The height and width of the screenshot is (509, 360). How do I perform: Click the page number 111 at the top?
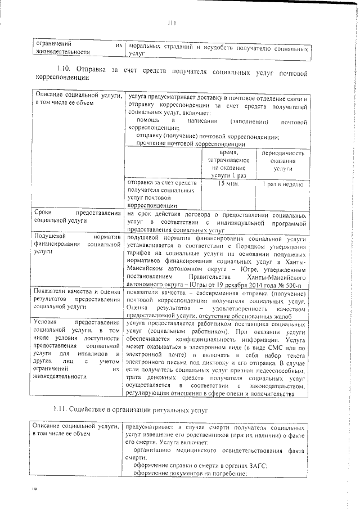[x=172, y=24]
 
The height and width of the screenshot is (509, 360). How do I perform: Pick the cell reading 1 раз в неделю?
[x=282, y=184]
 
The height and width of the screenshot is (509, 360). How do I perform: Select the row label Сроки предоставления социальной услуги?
[x=77, y=218]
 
